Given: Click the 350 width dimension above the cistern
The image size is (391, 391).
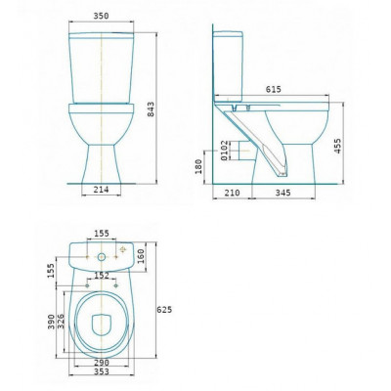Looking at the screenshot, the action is coord(101,16).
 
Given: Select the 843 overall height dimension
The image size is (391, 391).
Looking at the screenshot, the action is coord(151,109).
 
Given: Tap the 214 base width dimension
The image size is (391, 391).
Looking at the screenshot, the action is coord(101,190).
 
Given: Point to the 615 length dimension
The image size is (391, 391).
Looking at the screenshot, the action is coord(273,89).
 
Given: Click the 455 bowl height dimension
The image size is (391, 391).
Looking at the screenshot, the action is coord(337,146).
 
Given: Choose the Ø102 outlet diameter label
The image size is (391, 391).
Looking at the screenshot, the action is coord(224,151).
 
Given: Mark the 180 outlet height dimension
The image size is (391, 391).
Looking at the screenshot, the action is coord(198,166).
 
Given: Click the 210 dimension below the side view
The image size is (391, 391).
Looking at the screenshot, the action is coord(232,193).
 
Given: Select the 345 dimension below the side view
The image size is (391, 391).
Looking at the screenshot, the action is coord(282,193).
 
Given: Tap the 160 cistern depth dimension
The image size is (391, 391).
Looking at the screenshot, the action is coord(141,256).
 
